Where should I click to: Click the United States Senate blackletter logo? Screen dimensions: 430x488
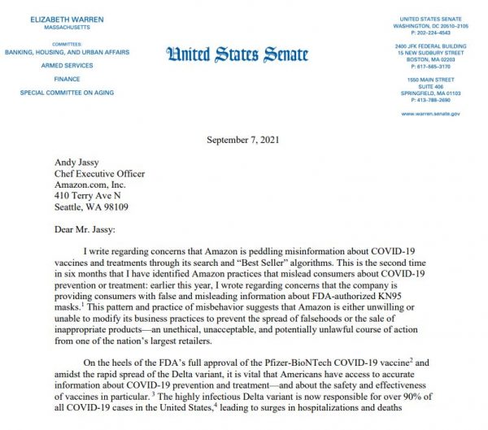(237, 55)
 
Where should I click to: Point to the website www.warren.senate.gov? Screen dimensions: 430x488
(431, 114)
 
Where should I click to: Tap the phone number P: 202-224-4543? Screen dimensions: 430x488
(431, 33)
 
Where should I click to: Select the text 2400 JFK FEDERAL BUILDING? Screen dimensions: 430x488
(431, 46)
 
